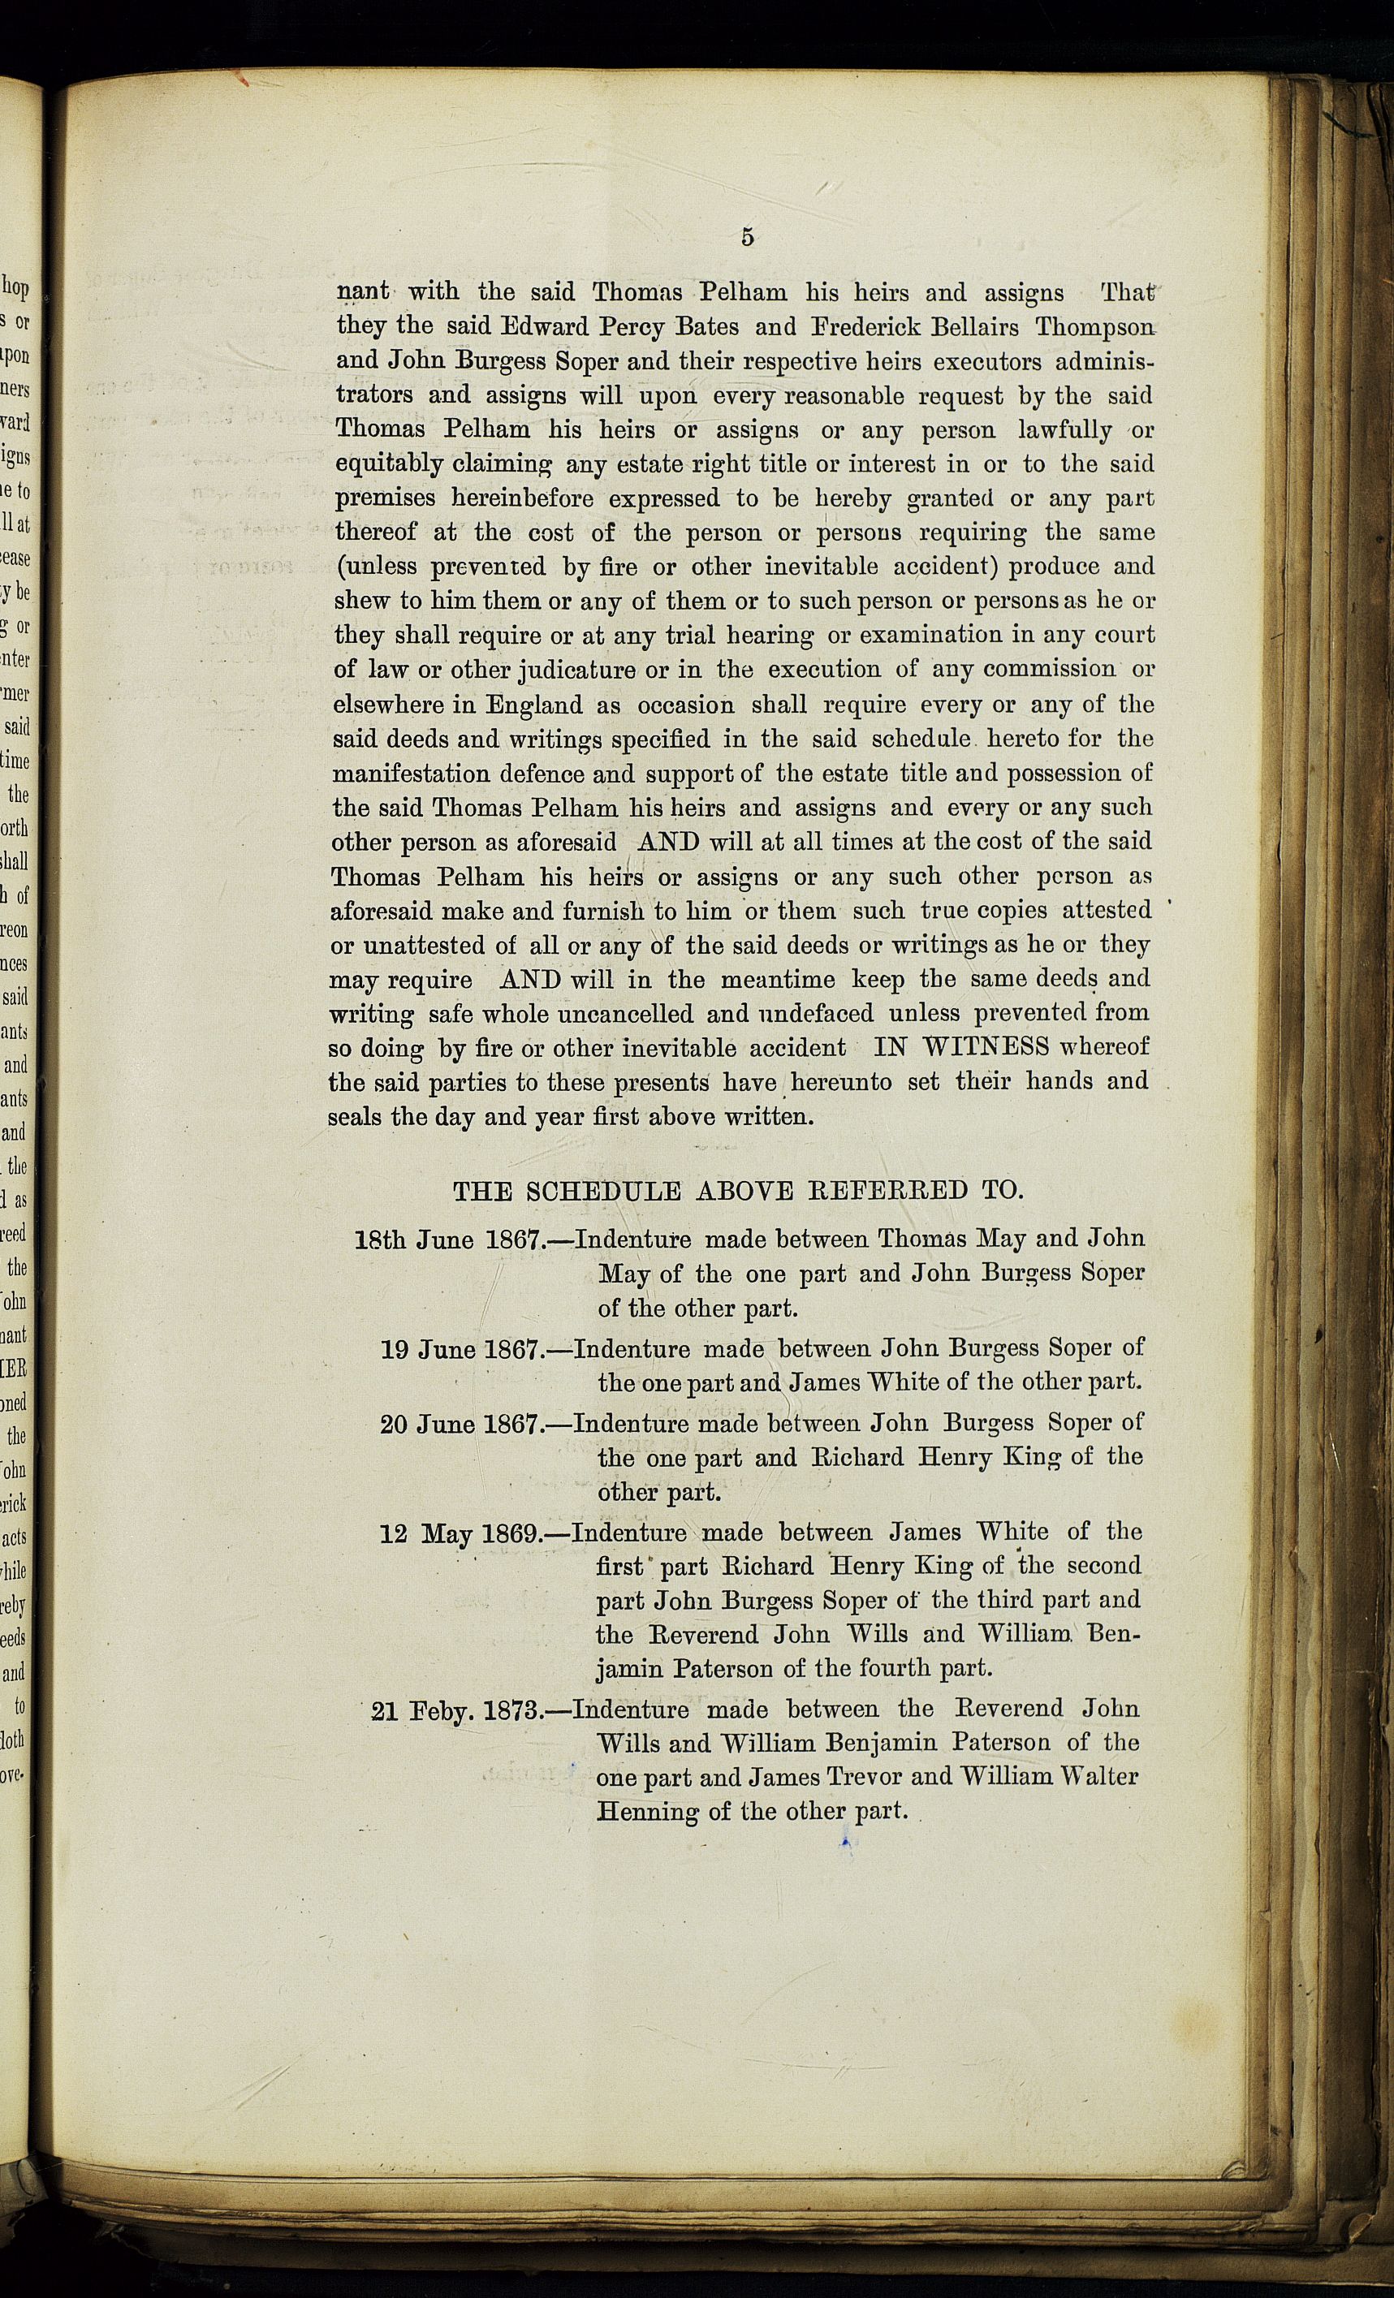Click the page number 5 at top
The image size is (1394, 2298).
coord(748,237)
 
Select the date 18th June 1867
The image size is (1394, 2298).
coord(449,1240)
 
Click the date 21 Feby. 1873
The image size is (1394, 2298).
coord(457,1710)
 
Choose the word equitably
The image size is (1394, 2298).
coord(388,464)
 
